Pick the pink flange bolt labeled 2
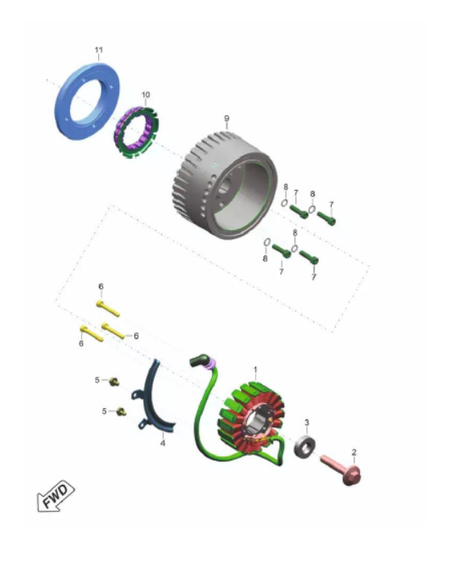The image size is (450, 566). tap(341, 469)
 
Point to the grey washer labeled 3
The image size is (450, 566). tap(305, 447)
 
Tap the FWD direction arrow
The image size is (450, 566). tap(56, 495)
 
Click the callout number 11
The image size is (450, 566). tap(98, 50)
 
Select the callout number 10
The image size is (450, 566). tap(146, 95)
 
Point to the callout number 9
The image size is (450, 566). tap(227, 118)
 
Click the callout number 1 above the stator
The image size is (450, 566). tap(255, 370)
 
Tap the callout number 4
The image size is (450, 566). tap(163, 443)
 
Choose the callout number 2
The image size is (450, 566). tap(354, 452)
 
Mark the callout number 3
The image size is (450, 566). tap(307, 423)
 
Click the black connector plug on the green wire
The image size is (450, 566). tap(199, 360)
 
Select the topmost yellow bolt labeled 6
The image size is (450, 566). tap(108, 309)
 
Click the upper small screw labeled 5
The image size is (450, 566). tap(114, 381)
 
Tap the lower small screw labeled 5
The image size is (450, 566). tap(122, 411)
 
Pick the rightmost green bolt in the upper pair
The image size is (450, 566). tap(326, 218)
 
